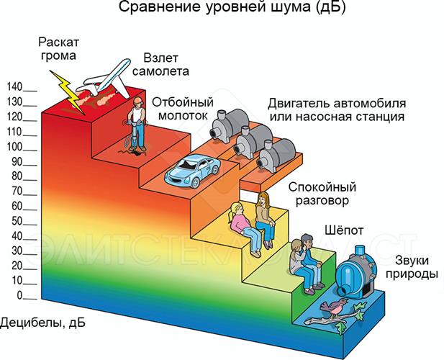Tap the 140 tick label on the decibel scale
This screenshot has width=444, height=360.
click(x=14, y=86)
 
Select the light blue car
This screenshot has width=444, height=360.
click(x=192, y=170)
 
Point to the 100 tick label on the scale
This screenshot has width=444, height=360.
click(x=14, y=146)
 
